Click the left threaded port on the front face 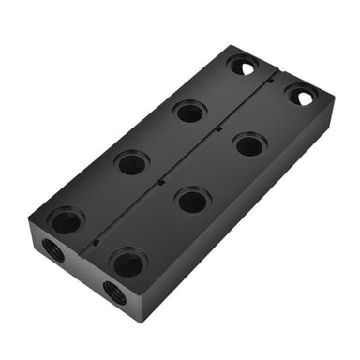pos(52,250)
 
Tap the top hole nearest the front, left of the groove pos(66,221)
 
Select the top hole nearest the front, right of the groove pos(128,262)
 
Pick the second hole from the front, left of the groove pos(131,163)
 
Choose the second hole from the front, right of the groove pos(192,199)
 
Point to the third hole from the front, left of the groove pos(189,112)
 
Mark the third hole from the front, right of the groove pos(249,144)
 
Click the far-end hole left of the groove pos(242,66)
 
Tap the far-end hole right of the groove pos(301,95)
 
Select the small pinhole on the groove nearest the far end pos(271,82)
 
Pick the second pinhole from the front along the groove pos(161,181)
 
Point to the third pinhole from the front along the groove pos(218,128)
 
